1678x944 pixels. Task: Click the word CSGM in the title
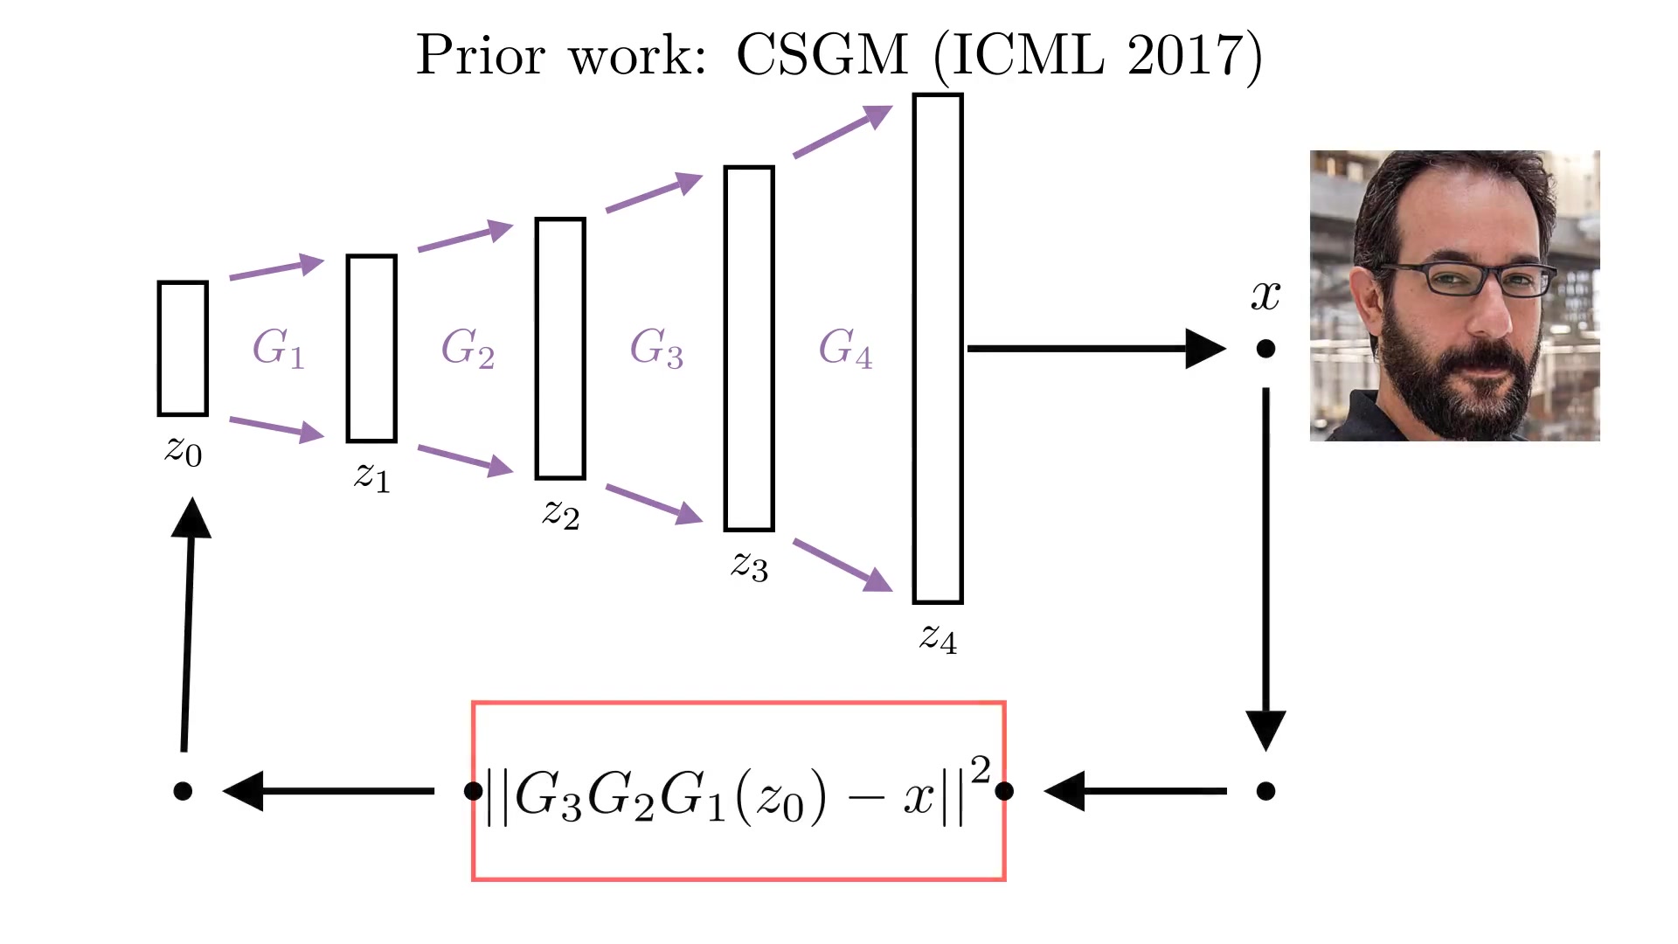[822, 55]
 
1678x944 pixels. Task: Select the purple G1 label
[278, 348]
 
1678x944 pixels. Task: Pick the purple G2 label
[468, 348]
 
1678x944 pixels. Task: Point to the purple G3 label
[656, 348]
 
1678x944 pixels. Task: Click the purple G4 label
[845, 348]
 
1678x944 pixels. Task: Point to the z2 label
[561, 513]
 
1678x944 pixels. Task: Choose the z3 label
[750, 566]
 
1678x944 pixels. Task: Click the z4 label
[939, 637]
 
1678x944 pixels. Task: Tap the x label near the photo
[1265, 295]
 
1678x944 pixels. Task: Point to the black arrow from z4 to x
[1097, 349]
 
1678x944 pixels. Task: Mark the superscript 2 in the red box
[981, 769]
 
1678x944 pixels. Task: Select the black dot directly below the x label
[1265, 349]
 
